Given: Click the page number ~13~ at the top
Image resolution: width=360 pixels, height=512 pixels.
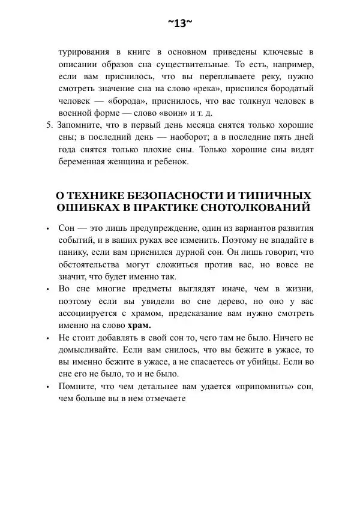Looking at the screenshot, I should (x=180, y=23).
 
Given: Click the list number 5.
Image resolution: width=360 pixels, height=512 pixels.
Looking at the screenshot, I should (x=49, y=125).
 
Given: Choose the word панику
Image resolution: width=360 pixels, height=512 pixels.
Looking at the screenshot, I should (x=73, y=252).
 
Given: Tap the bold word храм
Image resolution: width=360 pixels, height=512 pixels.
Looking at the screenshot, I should (x=139, y=326).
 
